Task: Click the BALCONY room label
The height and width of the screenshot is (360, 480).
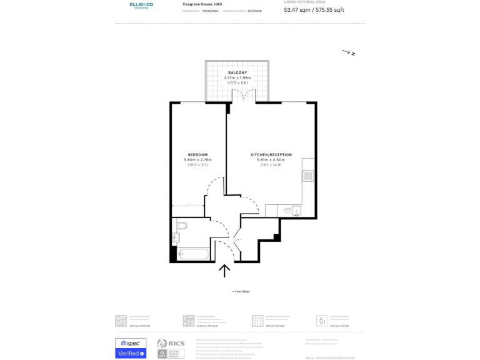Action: pos(237,72)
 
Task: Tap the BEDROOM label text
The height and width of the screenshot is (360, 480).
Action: pos(197,154)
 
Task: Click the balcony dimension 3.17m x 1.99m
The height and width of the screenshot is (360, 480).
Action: pos(237,77)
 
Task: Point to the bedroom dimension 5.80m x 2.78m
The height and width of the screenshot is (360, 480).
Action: pos(197,160)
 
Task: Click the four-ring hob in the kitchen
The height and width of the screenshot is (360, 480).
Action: pos(308,176)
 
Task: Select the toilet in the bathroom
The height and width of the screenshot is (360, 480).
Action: pos(181,226)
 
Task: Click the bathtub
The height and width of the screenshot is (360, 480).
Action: pos(193,255)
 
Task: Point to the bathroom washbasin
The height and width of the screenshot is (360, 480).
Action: pos(176,237)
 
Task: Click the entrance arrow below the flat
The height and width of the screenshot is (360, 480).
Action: pos(225,270)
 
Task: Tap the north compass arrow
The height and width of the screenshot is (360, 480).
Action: pos(347,52)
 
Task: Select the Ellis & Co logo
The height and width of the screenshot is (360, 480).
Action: pos(141,6)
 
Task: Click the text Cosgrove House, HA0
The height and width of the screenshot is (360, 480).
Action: pos(202,4)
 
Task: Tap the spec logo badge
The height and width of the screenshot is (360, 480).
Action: pos(131,343)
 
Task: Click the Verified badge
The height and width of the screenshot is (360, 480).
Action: pos(131,354)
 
